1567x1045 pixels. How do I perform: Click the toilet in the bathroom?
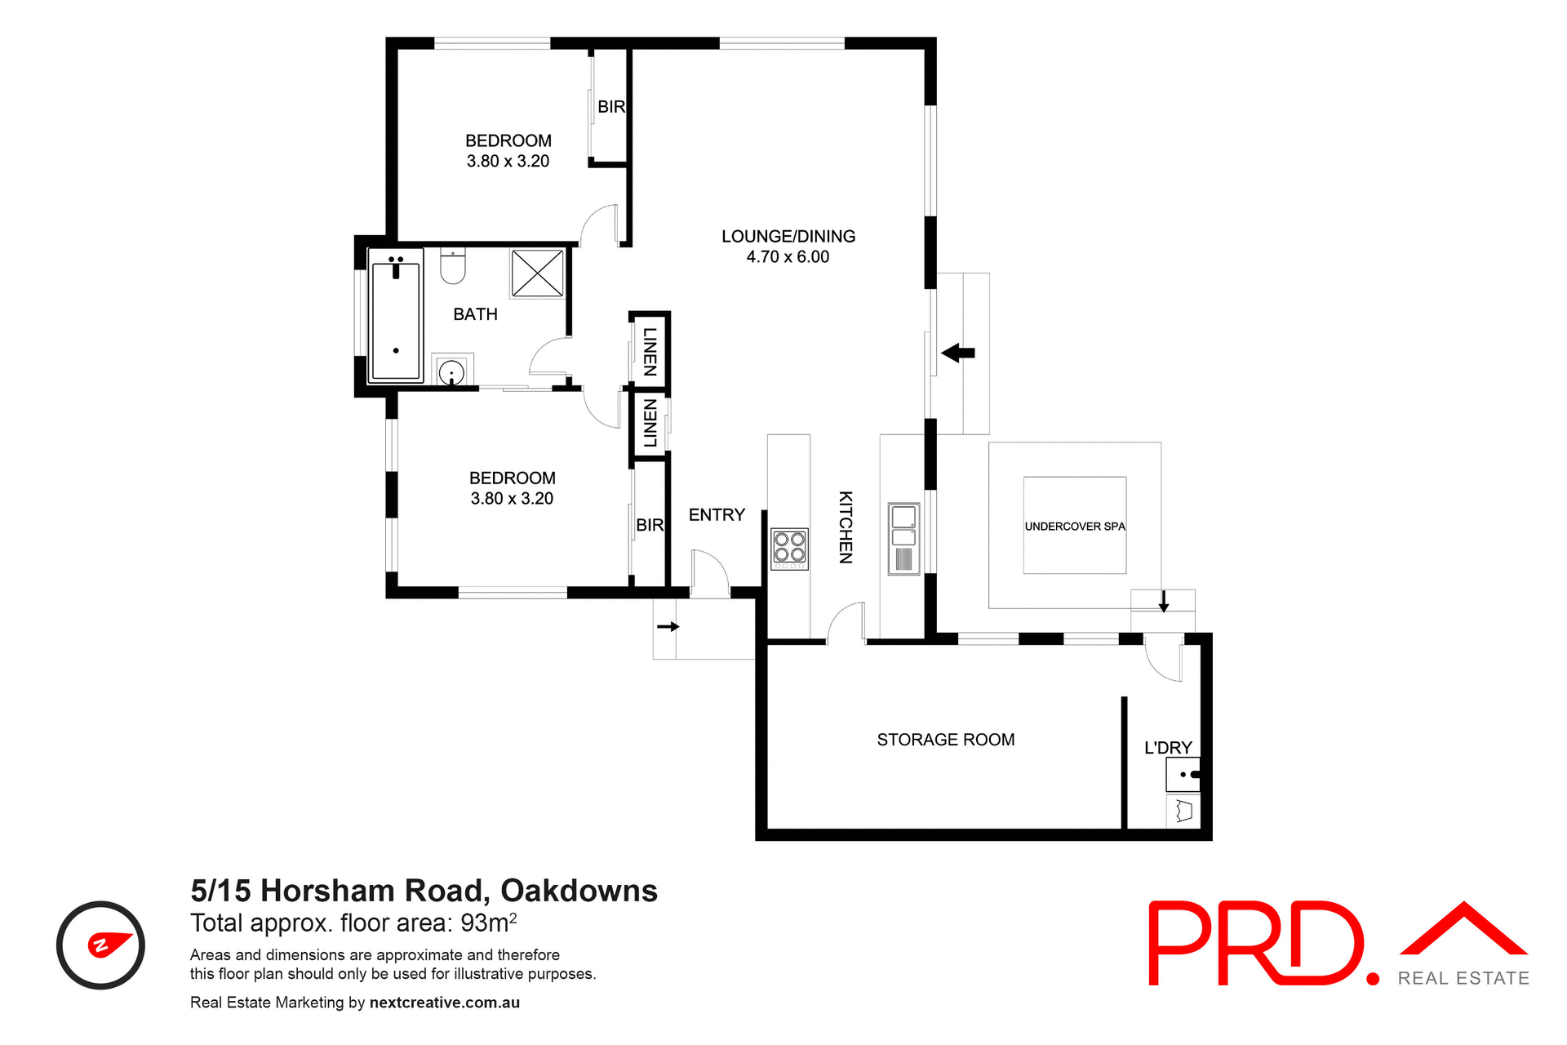pyautogui.click(x=452, y=265)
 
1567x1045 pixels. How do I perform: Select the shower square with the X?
pyautogui.click(x=537, y=273)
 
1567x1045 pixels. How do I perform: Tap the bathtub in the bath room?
pyautogui.click(x=396, y=316)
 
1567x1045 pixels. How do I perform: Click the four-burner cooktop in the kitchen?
pyautogui.click(x=789, y=548)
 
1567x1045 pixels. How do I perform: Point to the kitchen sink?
pyautogui.click(x=903, y=538)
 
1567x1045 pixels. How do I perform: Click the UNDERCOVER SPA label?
pyautogui.click(x=1075, y=527)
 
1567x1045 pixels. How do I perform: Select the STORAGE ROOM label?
pyautogui.click(x=945, y=740)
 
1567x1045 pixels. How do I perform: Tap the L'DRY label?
pyautogui.click(x=1168, y=748)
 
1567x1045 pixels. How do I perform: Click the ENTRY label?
pyautogui.click(x=717, y=515)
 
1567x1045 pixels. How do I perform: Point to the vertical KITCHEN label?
pyautogui.click(x=846, y=527)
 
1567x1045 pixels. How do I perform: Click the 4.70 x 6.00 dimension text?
pyautogui.click(x=788, y=257)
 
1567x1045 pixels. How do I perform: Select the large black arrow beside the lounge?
pyautogui.click(x=958, y=353)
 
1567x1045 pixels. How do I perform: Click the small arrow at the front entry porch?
pyautogui.click(x=668, y=627)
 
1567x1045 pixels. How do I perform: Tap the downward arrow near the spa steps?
pyautogui.click(x=1164, y=603)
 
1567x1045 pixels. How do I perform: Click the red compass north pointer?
pyautogui.click(x=109, y=944)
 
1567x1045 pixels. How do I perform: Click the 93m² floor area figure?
pyautogui.click(x=488, y=923)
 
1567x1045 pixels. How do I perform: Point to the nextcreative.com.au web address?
pyautogui.click(x=444, y=1003)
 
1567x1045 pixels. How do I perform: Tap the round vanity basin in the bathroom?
pyautogui.click(x=451, y=373)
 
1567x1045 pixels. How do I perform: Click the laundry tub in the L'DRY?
pyautogui.click(x=1183, y=774)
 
